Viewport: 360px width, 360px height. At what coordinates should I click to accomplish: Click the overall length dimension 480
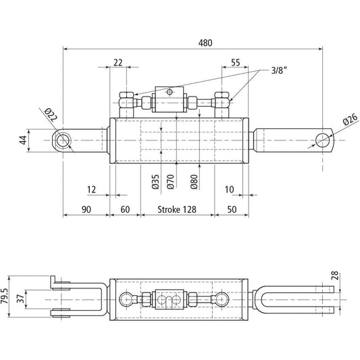click(x=205, y=42)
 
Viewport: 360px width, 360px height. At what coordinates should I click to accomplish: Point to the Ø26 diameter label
click(x=349, y=121)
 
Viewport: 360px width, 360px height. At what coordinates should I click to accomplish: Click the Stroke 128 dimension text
click(x=178, y=209)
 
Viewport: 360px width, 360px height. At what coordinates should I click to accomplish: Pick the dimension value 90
click(x=86, y=209)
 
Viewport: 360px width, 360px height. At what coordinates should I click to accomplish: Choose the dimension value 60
click(x=125, y=209)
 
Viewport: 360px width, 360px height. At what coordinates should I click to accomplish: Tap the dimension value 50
click(x=232, y=209)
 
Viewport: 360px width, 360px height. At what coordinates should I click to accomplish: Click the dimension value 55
click(x=235, y=62)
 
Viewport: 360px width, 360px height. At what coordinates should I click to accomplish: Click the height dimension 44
click(x=22, y=140)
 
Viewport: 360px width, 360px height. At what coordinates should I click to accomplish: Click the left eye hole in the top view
click(x=63, y=140)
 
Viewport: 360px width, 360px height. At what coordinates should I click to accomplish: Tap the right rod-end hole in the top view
click(x=324, y=140)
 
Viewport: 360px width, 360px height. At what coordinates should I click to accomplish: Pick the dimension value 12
click(x=93, y=189)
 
